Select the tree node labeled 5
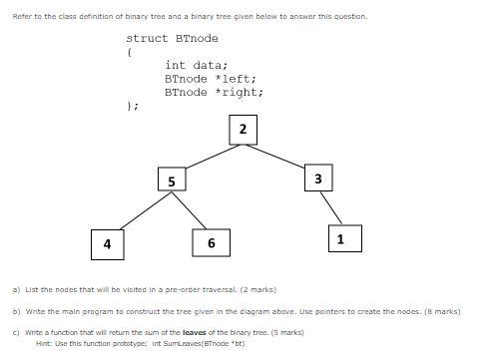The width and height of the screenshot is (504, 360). point(172,180)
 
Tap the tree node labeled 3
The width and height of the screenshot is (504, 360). point(317,178)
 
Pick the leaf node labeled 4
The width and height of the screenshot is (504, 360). point(107,243)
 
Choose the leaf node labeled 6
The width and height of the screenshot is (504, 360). point(211,243)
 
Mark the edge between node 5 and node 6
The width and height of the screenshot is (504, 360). point(192,212)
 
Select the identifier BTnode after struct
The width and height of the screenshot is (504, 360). point(197,38)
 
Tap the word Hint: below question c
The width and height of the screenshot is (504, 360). point(44,343)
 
